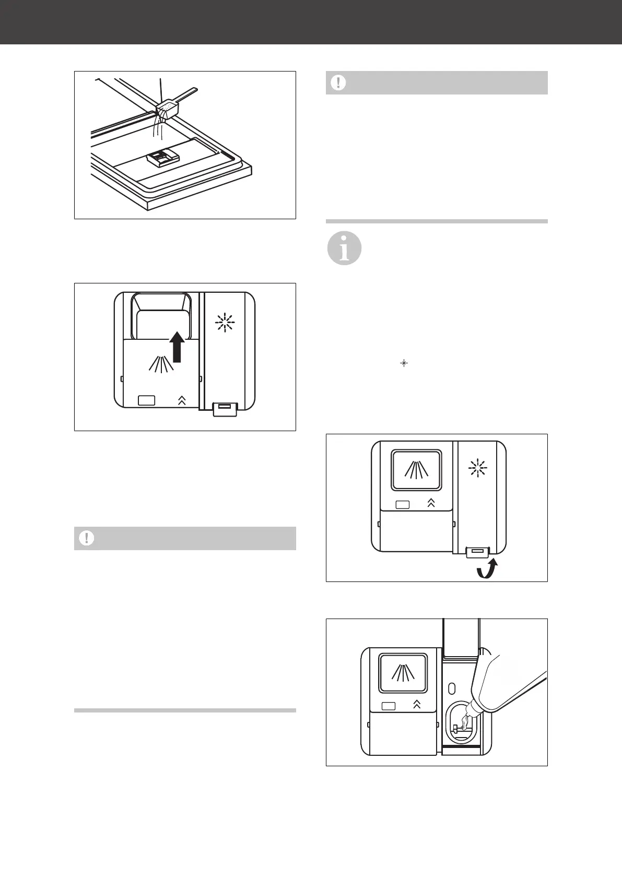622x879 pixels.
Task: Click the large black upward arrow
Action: coord(177,345)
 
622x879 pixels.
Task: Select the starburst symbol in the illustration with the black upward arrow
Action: coord(225,323)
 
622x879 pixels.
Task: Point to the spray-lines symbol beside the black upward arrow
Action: coord(161,363)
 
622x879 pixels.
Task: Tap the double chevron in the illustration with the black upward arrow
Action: coord(182,401)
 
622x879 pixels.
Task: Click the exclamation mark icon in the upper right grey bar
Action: coord(338,82)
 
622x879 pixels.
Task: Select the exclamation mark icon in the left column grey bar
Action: coord(87,538)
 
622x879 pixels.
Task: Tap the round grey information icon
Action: coord(344,248)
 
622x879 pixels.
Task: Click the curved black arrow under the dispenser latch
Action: coord(488,569)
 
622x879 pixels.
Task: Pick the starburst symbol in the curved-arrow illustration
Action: coord(477,469)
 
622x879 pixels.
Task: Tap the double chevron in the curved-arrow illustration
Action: coord(431,503)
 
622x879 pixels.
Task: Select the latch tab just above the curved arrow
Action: coord(477,551)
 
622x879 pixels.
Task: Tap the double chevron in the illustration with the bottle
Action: coord(417,704)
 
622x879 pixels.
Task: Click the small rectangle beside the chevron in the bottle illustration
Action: coord(389,706)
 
